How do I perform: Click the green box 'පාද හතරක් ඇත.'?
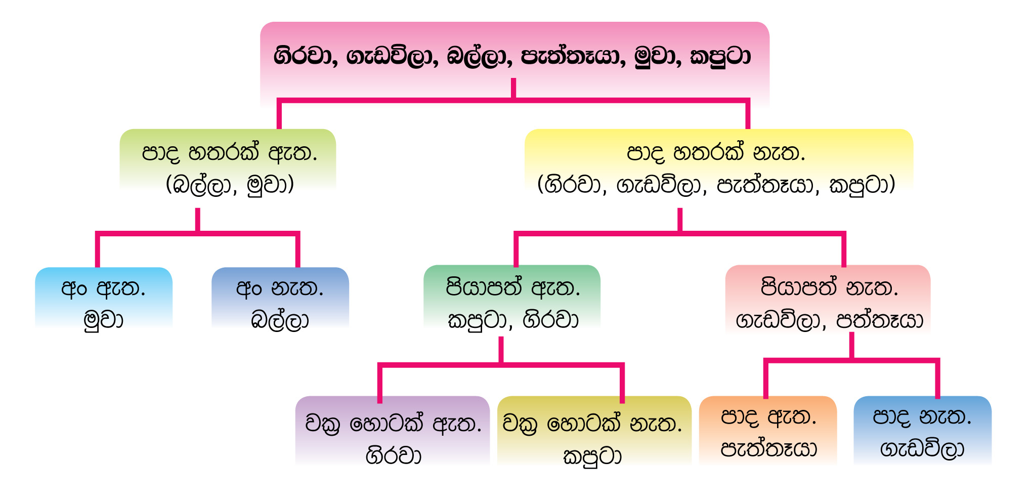[228, 161]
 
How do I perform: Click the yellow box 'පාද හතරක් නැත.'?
[719, 162]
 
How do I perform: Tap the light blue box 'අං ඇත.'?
[104, 298]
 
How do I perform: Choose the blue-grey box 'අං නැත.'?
[280, 298]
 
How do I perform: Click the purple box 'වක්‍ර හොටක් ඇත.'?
[393, 430]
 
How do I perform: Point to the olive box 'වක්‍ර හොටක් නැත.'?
[594, 430]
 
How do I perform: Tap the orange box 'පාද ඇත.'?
[768, 430]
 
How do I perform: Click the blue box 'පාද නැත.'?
[923, 430]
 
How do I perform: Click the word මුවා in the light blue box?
[104, 320]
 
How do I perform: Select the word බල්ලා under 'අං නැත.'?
[280, 320]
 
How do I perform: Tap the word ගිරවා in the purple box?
[394, 455]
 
